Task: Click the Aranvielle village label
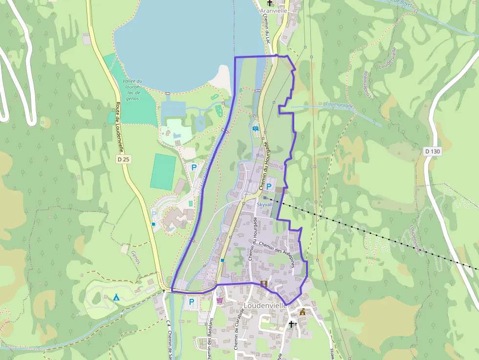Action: (x=274, y=10)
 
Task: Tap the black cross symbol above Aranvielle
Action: (x=269, y=3)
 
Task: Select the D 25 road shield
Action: (x=123, y=159)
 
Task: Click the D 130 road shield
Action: (x=432, y=151)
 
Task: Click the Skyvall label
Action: (x=265, y=205)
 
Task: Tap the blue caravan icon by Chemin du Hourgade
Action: (x=256, y=128)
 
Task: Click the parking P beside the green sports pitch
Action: (x=194, y=167)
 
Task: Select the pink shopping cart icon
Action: (x=220, y=300)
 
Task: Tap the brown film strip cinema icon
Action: (x=264, y=283)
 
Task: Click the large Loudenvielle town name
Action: (x=265, y=306)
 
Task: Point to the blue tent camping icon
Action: (x=116, y=297)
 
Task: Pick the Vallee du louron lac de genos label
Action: (x=133, y=90)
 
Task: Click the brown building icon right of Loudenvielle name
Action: (x=302, y=312)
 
